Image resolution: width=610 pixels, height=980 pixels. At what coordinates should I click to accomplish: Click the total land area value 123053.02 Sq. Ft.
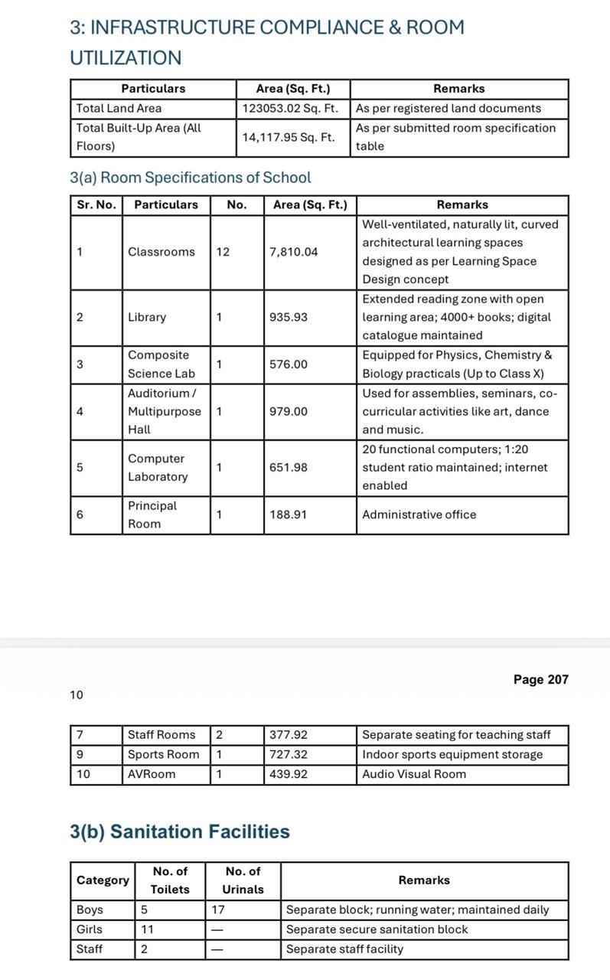[x=290, y=109]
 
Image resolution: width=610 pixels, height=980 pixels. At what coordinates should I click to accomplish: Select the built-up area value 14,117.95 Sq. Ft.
[x=289, y=138]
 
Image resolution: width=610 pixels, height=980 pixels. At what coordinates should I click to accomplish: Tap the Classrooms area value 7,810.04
[x=293, y=252]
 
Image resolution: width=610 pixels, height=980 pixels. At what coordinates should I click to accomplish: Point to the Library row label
[x=147, y=317]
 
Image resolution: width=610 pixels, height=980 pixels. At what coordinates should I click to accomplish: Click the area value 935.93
[x=289, y=317]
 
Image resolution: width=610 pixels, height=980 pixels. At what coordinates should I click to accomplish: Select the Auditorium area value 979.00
[x=289, y=412]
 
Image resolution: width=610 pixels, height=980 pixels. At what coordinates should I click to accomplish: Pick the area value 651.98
[x=289, y=468]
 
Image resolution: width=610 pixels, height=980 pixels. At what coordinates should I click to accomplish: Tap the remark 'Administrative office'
[x=419, y=514]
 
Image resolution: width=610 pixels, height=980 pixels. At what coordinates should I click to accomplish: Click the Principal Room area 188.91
[x=289, y=514]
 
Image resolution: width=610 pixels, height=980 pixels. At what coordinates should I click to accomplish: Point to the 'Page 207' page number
[x=540, y=680]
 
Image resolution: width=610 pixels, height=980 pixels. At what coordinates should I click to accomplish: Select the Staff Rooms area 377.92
[x=289, y=735]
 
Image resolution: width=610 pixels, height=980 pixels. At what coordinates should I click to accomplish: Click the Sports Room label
[x=163, y=755]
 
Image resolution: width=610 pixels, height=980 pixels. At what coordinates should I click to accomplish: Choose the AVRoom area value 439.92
[x=289, y=774]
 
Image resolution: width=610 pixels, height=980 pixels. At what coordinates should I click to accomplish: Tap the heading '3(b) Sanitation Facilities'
[x=180, y=831]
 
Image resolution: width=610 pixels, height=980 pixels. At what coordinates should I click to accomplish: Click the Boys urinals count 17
[x=218, y=910]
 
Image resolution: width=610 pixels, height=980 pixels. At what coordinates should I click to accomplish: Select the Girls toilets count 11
[x=147, y=929]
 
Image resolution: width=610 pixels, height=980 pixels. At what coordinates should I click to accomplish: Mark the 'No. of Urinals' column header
[x=243, y=880]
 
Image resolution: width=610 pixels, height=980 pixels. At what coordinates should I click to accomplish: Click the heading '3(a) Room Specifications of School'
[x=191, y=178]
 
